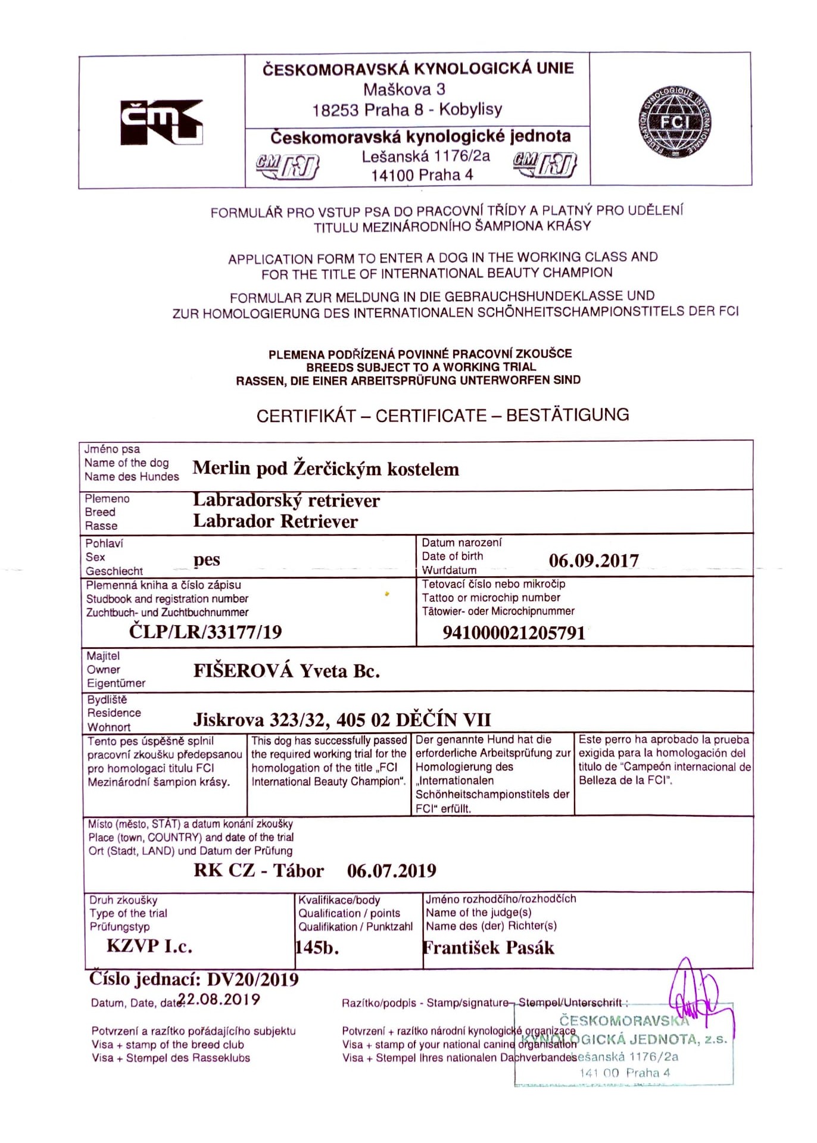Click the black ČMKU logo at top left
161,122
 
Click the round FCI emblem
676,123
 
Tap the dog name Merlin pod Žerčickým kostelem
326,469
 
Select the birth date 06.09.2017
593,560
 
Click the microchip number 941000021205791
514,633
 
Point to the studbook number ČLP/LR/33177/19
205,632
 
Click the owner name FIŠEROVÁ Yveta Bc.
286,671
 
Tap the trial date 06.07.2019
391,871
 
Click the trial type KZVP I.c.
149,946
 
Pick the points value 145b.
317,947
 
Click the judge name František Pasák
488,948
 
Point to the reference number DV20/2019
252,979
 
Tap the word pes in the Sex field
207,560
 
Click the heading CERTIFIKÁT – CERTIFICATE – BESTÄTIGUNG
442,416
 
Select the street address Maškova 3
404,90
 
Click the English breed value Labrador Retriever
275,521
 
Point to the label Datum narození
461,542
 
